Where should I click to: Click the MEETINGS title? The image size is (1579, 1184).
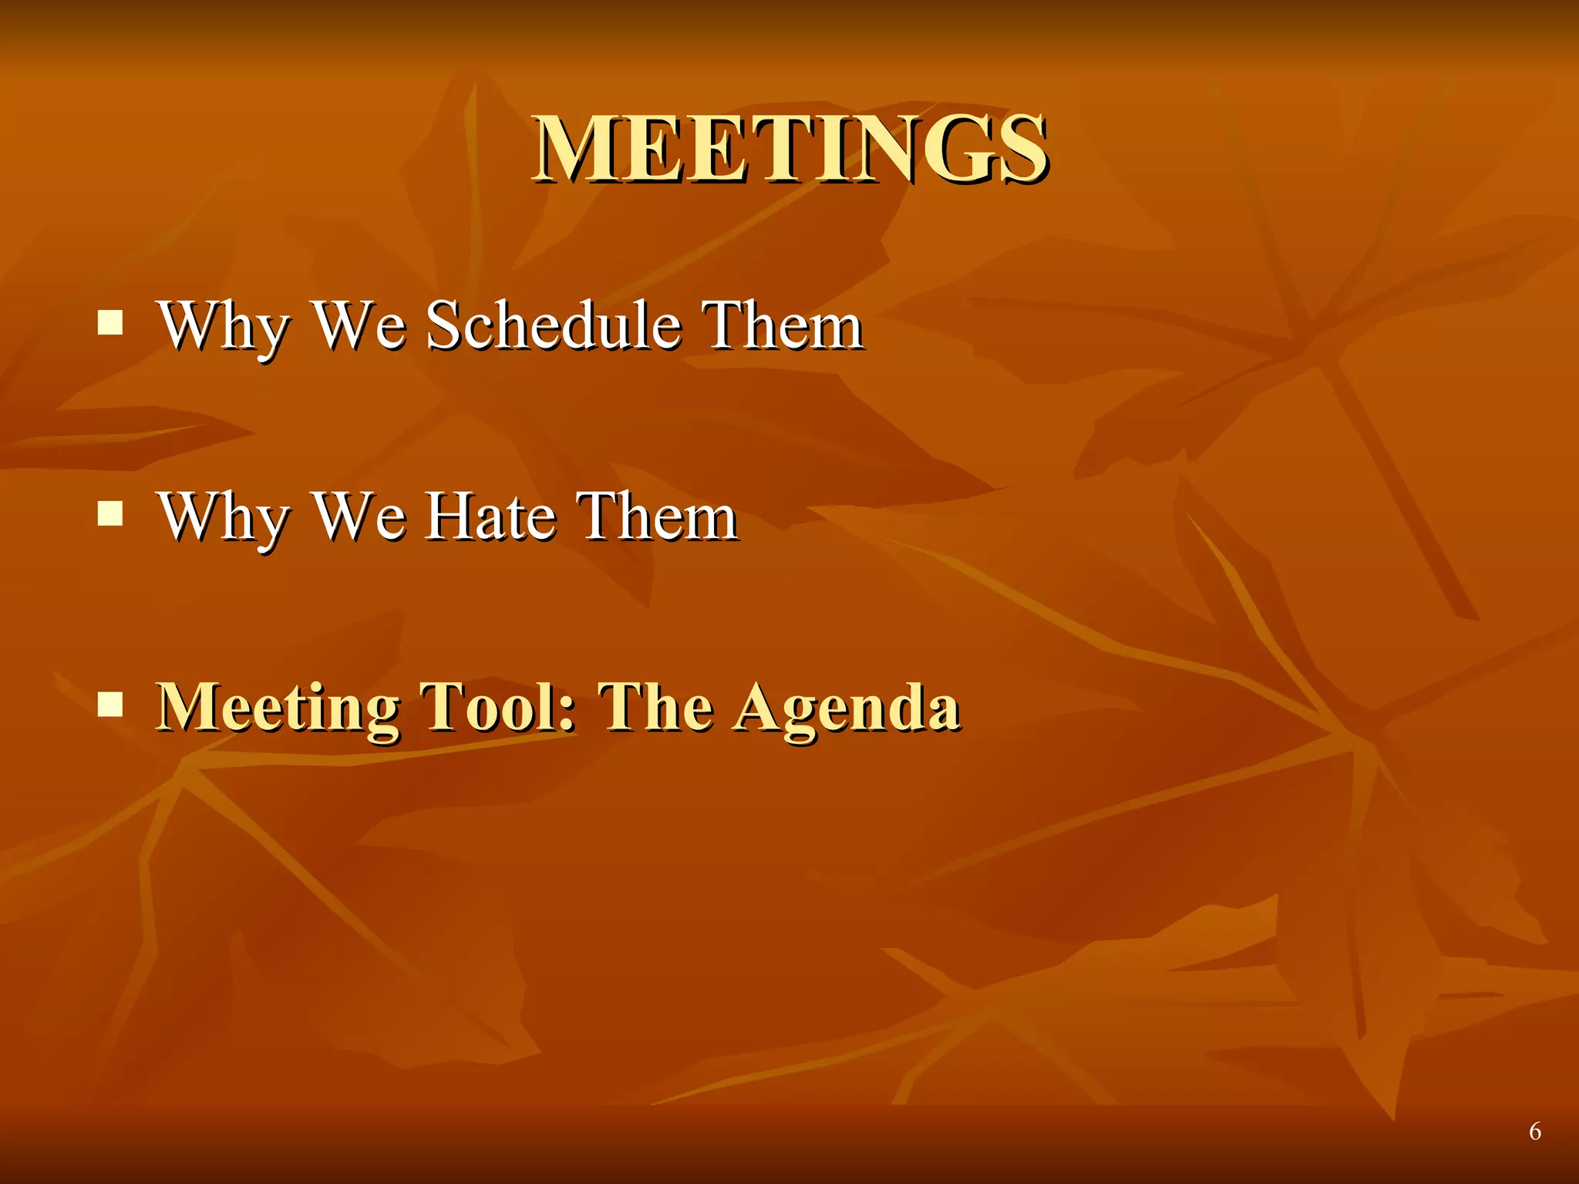coord(789,148)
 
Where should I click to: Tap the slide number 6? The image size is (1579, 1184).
coord(1534,1132)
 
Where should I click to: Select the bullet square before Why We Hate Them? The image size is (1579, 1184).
coord(110,513)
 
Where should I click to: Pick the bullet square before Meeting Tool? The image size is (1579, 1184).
coord(110,704)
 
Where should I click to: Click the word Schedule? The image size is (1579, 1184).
coord(554,325)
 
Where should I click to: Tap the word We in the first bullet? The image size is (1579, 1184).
coord(360,325)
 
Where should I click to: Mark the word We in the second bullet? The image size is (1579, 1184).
coord(360,516)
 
